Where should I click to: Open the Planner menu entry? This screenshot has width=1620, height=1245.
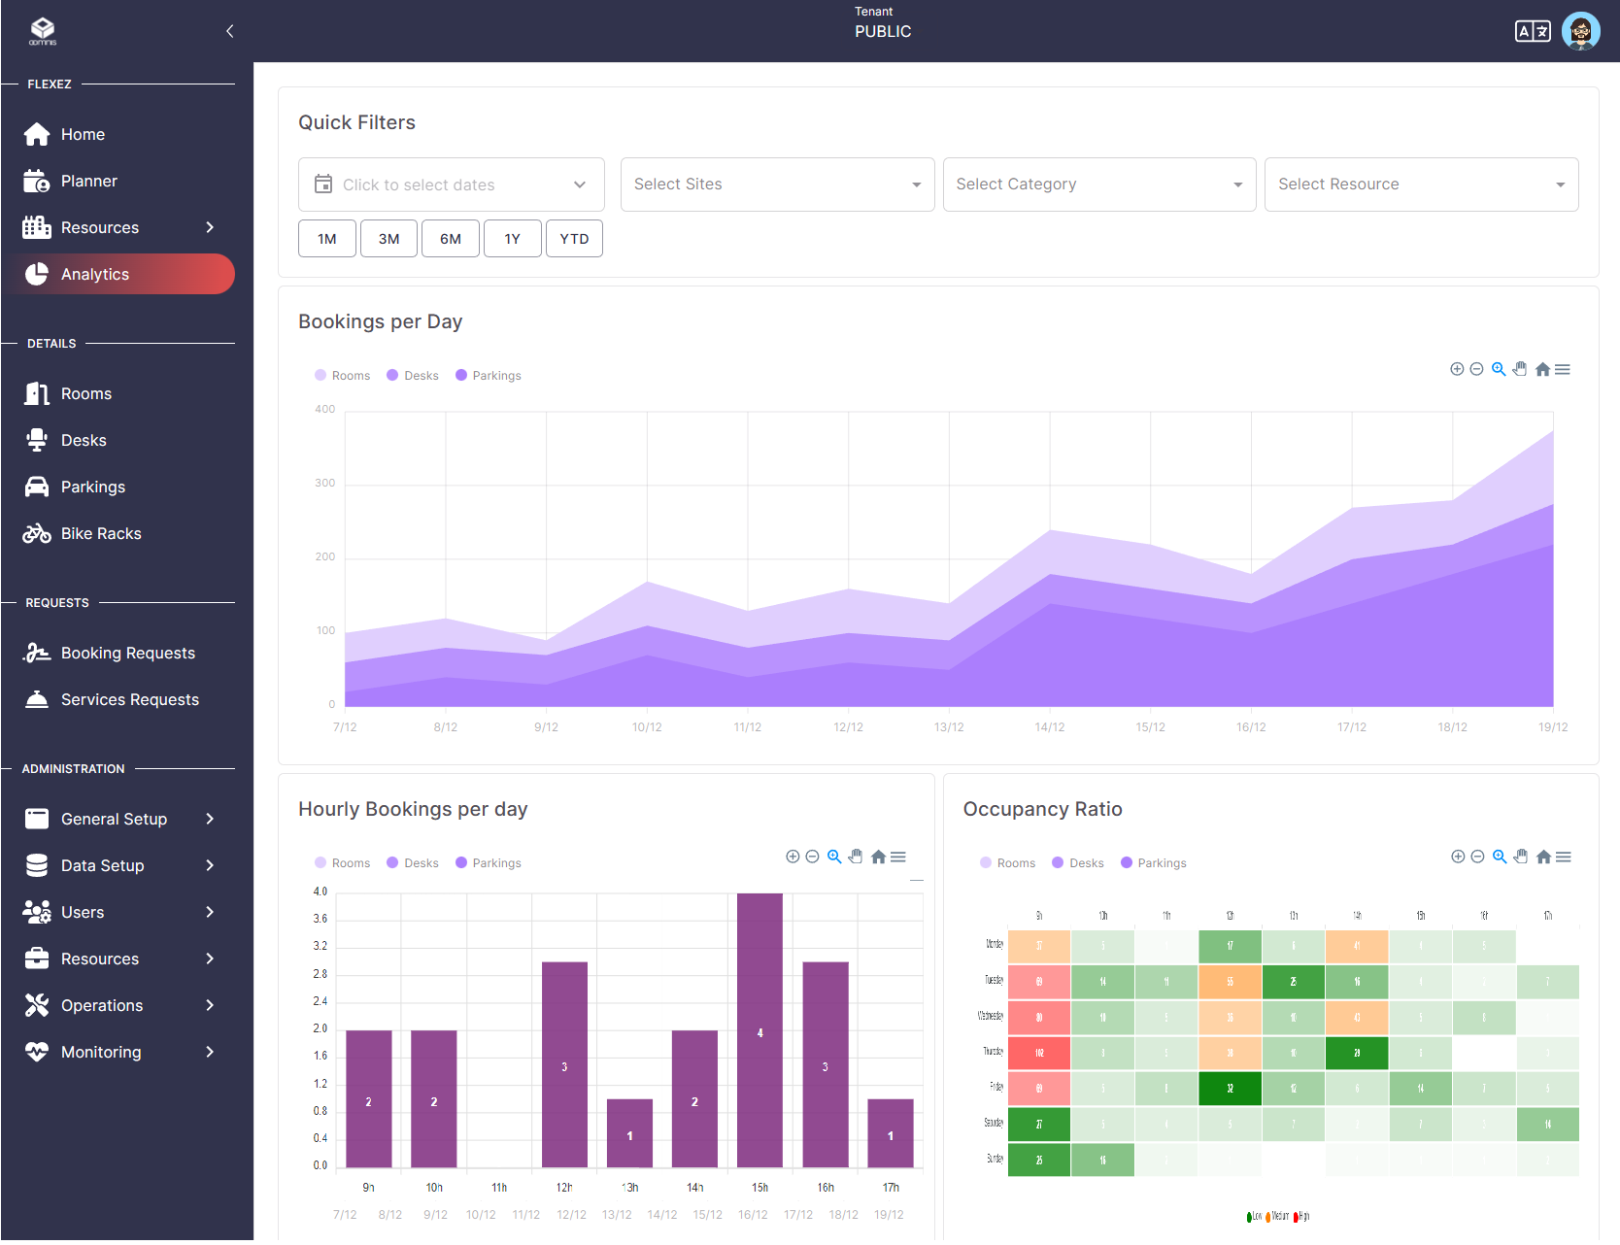[88, 181]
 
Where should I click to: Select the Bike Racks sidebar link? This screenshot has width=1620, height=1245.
[100, 533]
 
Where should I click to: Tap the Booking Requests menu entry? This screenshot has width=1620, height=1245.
[127, 653]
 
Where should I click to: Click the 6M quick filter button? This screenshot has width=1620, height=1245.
[450, 239]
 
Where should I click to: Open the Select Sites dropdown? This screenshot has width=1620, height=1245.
[777, 185]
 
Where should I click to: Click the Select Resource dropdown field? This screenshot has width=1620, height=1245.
[1420, 185]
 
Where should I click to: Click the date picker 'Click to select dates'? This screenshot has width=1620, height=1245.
[451, 185]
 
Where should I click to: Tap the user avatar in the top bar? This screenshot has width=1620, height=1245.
[1580, 31]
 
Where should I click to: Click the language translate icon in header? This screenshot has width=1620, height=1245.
[1532, 31]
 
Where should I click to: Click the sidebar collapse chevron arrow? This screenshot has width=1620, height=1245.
[229, 31]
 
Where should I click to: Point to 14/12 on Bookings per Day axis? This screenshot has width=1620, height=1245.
[1049, 727]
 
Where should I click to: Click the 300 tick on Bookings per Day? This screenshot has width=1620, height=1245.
[324, 483]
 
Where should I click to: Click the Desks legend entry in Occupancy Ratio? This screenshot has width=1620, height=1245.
[1085, 863]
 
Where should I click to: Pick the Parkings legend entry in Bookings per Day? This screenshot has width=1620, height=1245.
[495, 376]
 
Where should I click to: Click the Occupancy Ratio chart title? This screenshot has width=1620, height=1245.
[1042, 809]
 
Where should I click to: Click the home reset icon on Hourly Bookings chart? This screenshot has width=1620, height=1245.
[878, 857]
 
